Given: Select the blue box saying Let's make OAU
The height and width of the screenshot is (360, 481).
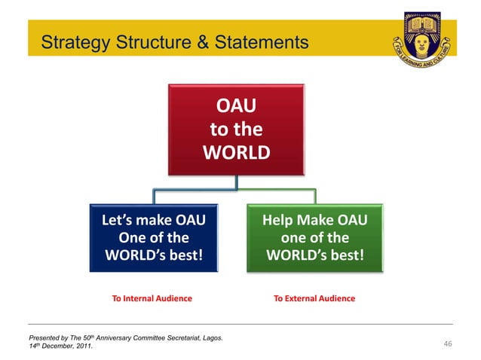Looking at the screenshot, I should pyautogui.click(x=154, y=237).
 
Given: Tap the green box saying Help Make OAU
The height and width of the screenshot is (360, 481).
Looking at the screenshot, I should pyautogui.click(x=315, y=237).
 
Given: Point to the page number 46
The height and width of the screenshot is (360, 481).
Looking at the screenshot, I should pyautogui.click(x=447, y=344).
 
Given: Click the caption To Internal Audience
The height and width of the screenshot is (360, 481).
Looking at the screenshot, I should pyautogui.click(x=152, y=298).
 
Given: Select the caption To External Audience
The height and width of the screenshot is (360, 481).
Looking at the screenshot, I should pyautogui.click(x=314, y=298).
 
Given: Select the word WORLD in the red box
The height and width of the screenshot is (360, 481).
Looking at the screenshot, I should pyautogui.click(x=236, y=153).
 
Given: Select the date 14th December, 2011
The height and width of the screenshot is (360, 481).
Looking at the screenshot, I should pyautogui.click(x=61, y=346).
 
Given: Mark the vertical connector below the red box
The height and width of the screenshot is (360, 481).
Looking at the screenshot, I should pyautogui.click(x=236, y=181).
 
